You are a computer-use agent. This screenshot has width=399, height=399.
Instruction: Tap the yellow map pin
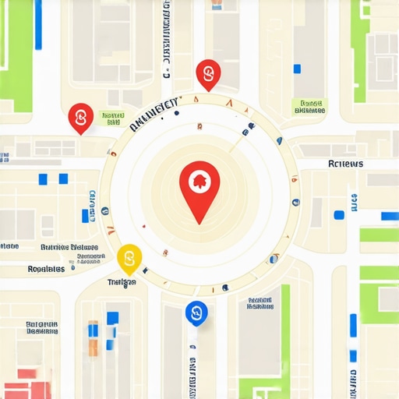pyautogui.click(x=129, y=258)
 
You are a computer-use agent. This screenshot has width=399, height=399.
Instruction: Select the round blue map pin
pyautogui.click(x=196, y=313)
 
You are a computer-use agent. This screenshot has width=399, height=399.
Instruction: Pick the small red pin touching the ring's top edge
pyautogui.click(x=208, y=75)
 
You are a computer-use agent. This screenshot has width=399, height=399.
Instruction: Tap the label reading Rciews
pyautogui.click(x=345, y=164)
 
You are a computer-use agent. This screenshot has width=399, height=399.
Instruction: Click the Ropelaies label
pyautogui.click(x=46, y=269)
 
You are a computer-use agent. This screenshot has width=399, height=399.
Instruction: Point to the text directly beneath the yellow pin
pyautogui.click(x=122, y=281)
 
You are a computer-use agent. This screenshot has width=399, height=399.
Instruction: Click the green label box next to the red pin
pyautogui.click(x=112, y=118)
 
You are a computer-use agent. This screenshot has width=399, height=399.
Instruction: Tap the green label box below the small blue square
pyautogui.click(x=309, y=106)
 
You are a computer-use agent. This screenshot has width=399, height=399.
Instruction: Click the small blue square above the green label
pyautogui.click(x=297, y=69)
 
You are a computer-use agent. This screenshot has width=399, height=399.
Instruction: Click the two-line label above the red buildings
pyautogui.click(x=42, y=327)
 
